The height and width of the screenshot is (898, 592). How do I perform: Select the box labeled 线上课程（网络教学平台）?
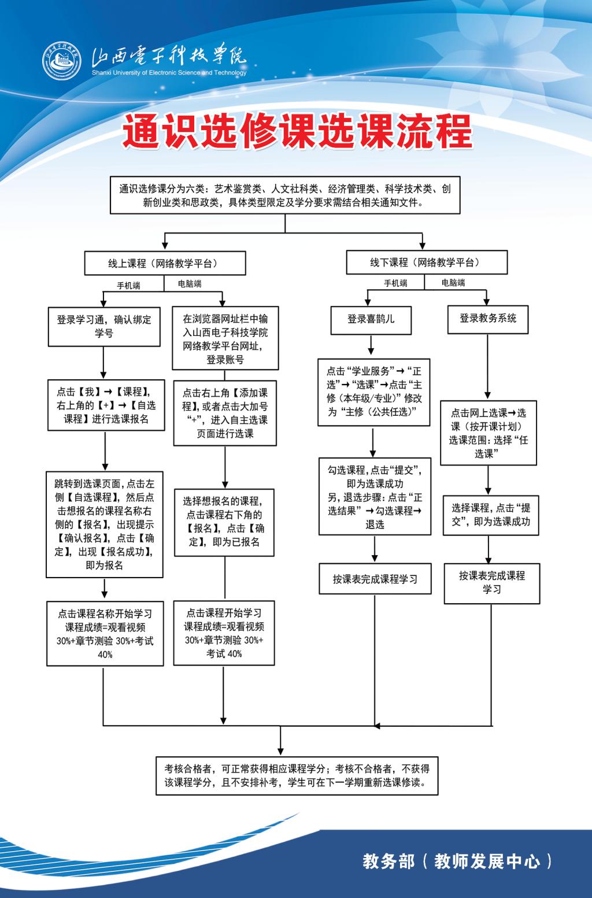165,263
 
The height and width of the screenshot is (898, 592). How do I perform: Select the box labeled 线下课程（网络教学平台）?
426,263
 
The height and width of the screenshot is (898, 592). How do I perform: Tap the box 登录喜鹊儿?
371,319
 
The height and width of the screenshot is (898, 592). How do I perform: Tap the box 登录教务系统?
488,319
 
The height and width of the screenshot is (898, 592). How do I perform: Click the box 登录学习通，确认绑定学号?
104,326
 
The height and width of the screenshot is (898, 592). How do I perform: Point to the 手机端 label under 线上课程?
128,286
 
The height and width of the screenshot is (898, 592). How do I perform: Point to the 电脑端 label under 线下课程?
453,283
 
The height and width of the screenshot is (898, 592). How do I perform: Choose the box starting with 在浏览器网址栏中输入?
225,338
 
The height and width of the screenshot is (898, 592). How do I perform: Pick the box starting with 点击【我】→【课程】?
106,405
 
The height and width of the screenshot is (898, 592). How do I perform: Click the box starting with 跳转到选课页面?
105,524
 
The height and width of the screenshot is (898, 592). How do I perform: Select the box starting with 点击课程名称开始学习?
105,633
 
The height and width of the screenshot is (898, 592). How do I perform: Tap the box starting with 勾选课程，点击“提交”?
375,497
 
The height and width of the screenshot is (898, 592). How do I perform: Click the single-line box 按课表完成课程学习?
375,579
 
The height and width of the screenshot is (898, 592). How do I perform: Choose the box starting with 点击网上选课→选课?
489,433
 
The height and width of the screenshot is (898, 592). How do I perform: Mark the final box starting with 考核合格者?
297,775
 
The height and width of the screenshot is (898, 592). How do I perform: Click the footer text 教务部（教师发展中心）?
457,861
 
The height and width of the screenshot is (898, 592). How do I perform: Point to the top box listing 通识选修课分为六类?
285,195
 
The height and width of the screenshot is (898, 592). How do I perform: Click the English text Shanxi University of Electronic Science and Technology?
169,73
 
